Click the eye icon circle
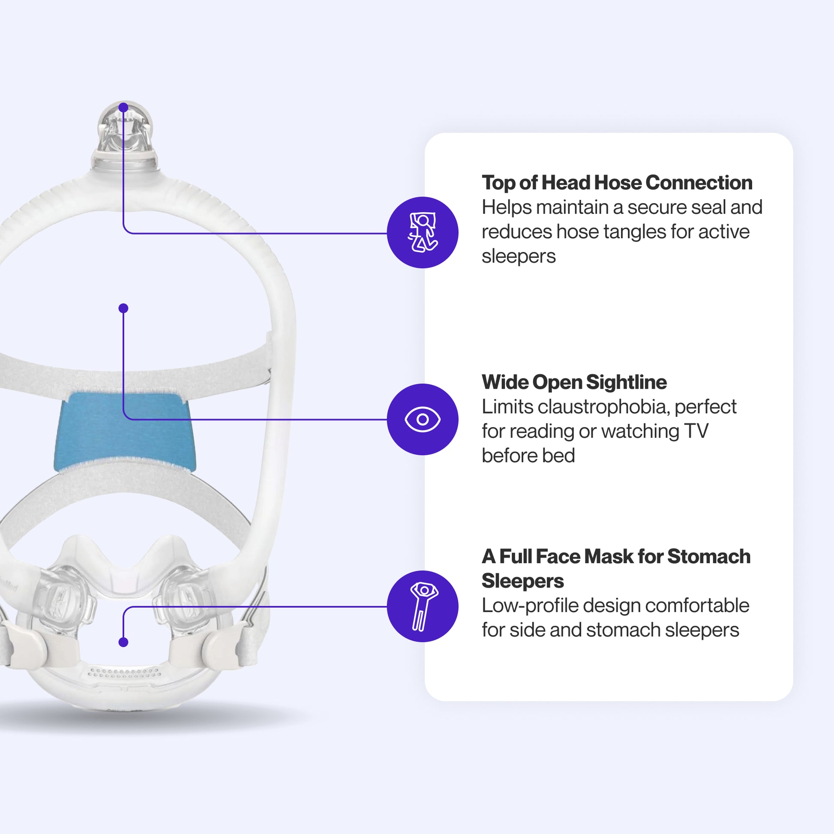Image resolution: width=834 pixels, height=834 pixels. tap(422, 419)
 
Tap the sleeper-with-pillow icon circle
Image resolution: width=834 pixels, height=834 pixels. tap(422, 232)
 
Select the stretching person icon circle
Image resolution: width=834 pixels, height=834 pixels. tap(422, 606)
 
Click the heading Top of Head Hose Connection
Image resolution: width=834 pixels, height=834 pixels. tap(617, 183)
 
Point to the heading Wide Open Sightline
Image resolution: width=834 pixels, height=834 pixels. tap(574, 382)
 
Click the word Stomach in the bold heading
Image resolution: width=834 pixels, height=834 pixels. tap(709, 556)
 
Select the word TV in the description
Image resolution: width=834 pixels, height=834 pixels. tap(696, 431)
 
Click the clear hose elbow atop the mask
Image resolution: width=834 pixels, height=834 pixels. tap(125, 129)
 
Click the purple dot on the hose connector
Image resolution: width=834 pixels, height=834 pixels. tap(123, 107)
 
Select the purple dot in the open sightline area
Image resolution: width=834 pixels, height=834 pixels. tap(123, 308)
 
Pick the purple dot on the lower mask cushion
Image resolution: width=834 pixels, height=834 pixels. tap(123, 642)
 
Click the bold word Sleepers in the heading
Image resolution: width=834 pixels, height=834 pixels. tap(522, 581)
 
